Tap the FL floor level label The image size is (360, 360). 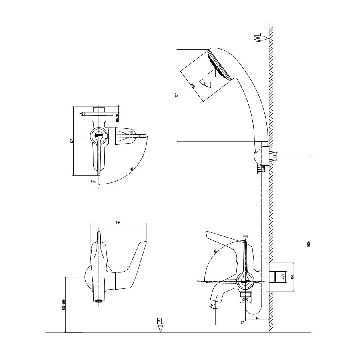point(160,322)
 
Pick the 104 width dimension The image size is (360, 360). point(118,222)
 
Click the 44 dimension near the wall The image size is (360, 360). point(256,318)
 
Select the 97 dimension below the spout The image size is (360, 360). point(242,322)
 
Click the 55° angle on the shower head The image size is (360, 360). point(206,84)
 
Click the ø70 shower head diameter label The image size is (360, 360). point(193,85)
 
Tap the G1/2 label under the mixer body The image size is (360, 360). point(246,299)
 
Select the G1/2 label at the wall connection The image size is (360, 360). point(282,277)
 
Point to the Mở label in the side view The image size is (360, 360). point(198,281)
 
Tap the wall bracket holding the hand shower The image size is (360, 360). point(260,156)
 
